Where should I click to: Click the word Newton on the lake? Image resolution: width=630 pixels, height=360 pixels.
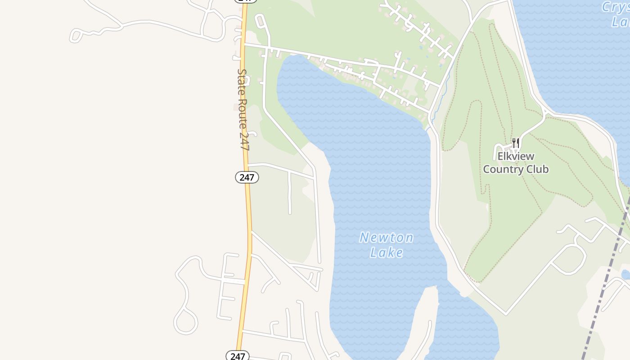coord(386,238)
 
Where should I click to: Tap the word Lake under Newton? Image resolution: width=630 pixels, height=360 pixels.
coord(386,252)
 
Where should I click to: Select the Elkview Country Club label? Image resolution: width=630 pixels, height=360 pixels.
coord(516,163)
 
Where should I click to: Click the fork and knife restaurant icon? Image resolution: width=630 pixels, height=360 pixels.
coord(516,144)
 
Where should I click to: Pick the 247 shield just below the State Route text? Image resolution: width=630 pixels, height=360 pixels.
coord(247,177)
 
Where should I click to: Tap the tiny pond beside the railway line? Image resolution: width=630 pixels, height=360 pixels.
coord(625,274)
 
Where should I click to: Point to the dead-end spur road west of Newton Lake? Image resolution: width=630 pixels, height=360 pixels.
coord(289,193)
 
